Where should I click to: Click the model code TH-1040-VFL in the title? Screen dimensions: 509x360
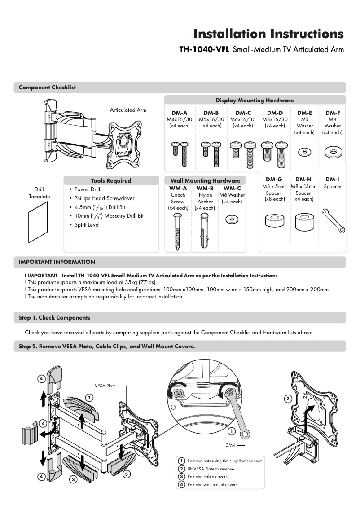tap(205, 50)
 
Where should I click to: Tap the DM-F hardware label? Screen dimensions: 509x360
tap(332, 113)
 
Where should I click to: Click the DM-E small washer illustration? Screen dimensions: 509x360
tap(304, 152)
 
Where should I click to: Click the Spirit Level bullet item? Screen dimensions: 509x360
tap(87, 224)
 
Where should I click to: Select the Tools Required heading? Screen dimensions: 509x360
tap(111, 180)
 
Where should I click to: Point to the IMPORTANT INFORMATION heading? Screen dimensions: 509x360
tap(57, 262)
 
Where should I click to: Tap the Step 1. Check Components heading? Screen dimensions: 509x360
tap(54, 317)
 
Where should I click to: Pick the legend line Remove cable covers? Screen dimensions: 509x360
tap(207, 477)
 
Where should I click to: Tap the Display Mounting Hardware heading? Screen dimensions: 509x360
tap(255, 100)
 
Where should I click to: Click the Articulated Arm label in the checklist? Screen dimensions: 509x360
tap(128, 110)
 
